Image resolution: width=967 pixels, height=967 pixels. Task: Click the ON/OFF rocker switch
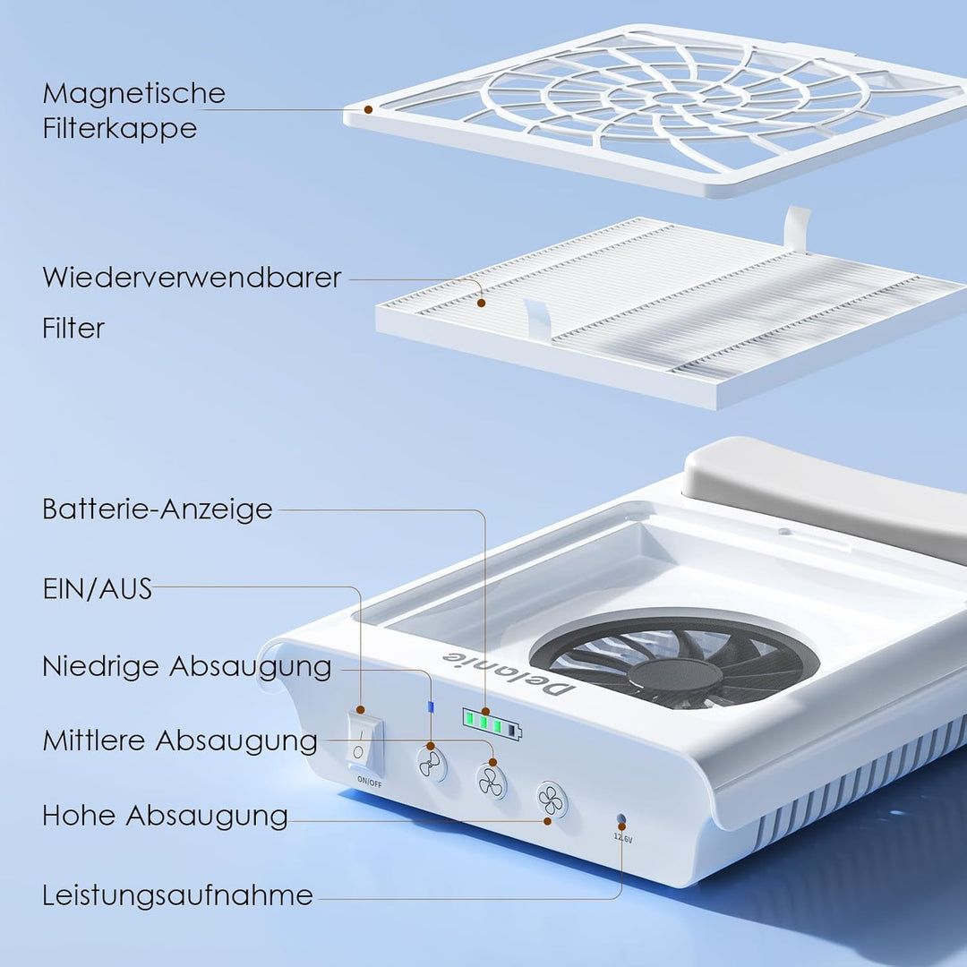(x=365, y=742)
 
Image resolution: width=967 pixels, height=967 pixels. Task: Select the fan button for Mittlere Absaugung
(x=492, y=782)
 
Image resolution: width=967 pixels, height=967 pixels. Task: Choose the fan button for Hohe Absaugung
(x=551, y=800)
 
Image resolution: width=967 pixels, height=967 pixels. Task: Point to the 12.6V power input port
(x=621, y=820)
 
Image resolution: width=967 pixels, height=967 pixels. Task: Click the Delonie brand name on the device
(x=509, y=674)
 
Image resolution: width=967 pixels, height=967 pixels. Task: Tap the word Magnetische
(x=133, y=94)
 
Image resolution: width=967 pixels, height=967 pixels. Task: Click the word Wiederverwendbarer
(x=192, y=278)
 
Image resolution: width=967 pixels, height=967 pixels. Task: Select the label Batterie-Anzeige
(x=158, y=509)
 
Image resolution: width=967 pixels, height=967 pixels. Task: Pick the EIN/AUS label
(x=98, y=589)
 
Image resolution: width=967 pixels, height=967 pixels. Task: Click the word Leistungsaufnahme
(x=177, y=895)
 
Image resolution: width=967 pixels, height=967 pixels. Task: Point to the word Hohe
(x=79, y=816)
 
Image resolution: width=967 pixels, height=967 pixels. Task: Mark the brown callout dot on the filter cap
(x=368, y=110)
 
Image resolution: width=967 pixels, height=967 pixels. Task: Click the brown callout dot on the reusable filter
(x=481, y=303)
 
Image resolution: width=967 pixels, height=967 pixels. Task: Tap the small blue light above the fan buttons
(x=431, y=706)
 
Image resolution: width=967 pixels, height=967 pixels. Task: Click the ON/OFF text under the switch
(x=370, y=782)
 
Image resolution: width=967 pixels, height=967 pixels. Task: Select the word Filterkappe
(x=120, y=129)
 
